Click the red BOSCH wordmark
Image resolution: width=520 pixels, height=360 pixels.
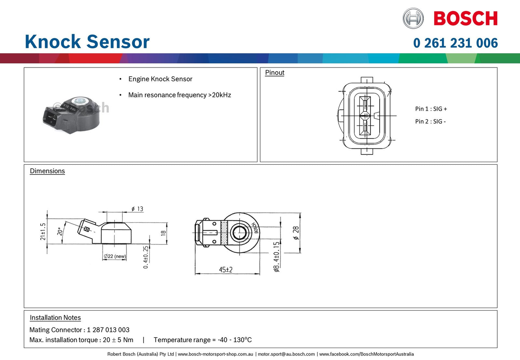(x=465, y=18)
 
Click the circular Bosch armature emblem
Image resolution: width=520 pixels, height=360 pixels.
(x=413, y=18)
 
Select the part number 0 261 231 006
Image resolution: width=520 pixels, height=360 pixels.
(x=455, y=43)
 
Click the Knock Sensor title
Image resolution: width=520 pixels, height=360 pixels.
(x=87, y=42)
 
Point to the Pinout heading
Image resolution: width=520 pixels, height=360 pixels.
(x=274, y=73)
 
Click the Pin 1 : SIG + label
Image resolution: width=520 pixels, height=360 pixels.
(x=431, y=109)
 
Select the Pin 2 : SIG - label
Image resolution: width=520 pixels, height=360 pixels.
(x=430, y=121)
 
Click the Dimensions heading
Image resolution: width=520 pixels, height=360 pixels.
(x=47, y=171)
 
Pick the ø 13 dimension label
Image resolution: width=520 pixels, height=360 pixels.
(x=137, y=209)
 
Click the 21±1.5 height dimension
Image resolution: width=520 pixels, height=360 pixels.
(x=43, y=231)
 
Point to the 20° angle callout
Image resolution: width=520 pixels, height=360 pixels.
(x=60, y=231)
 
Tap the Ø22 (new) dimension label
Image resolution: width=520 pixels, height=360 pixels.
(x=115, y=256)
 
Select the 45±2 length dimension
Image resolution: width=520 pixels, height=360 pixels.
(x=226, y=270)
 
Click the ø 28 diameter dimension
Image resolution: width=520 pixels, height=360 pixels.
(x=296, y=233)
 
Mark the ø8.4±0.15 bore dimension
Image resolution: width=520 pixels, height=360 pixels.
(x=276, y=256)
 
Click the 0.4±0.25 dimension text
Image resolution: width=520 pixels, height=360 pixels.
(x=146, y=257)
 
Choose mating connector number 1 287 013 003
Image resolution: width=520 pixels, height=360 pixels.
(x=108, y=330)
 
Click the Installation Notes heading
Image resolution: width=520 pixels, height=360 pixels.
(x=55, y=318)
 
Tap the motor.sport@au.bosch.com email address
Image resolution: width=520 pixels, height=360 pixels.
(x=286, y=354)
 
